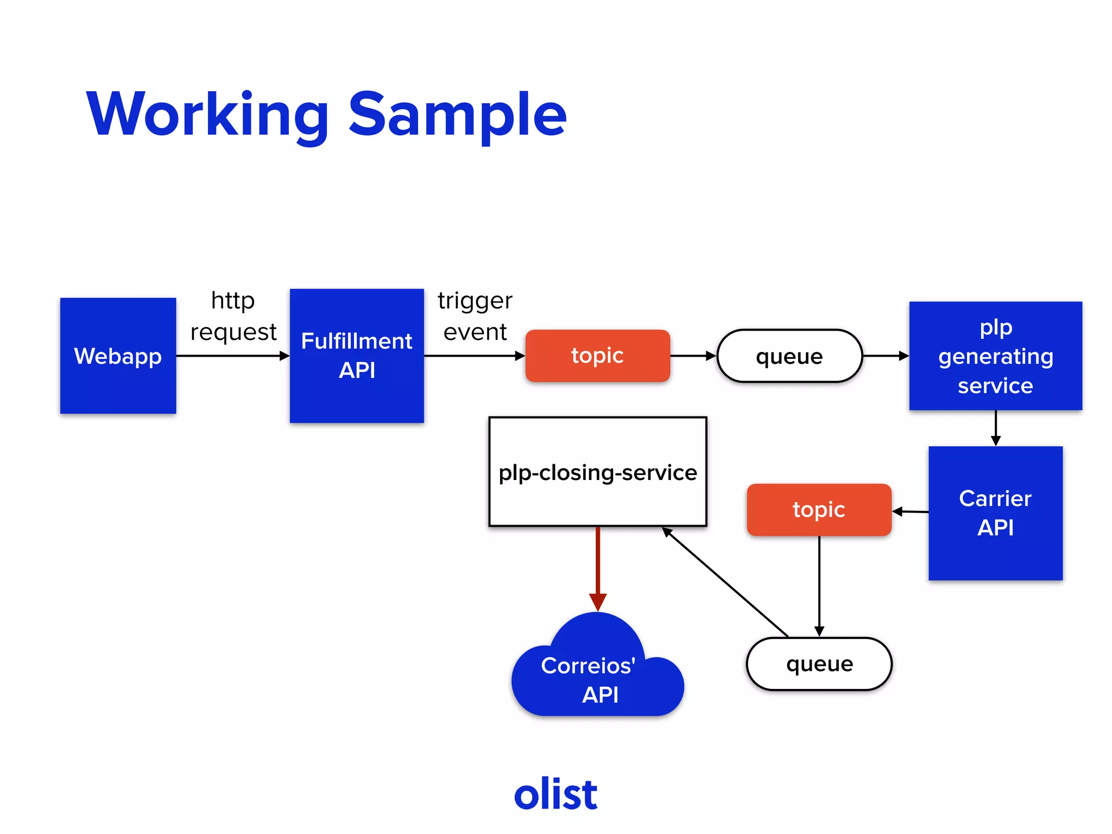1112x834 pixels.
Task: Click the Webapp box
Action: coord(118,356)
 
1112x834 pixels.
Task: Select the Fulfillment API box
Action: coord(357,356)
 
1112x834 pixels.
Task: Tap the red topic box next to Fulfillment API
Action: coord(597,356)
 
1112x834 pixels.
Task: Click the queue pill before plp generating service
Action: coord(789,356)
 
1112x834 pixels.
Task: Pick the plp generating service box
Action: coord(995,356)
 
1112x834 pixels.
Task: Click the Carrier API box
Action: coord(995,513)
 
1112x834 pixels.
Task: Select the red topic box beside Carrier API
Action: coord(819,510)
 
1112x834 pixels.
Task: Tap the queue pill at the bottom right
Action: coord(819,664)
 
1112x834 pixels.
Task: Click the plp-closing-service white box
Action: coord(597,471)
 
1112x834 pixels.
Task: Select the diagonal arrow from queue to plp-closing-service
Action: coord(725,582)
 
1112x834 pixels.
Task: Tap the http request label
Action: coord(233,316)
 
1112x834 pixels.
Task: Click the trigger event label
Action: coord(475,316)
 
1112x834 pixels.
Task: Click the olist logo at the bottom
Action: coord(555,794)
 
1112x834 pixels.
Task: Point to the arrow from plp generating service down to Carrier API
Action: coord(995,428)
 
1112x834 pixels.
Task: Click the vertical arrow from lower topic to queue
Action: coord(819,586)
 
